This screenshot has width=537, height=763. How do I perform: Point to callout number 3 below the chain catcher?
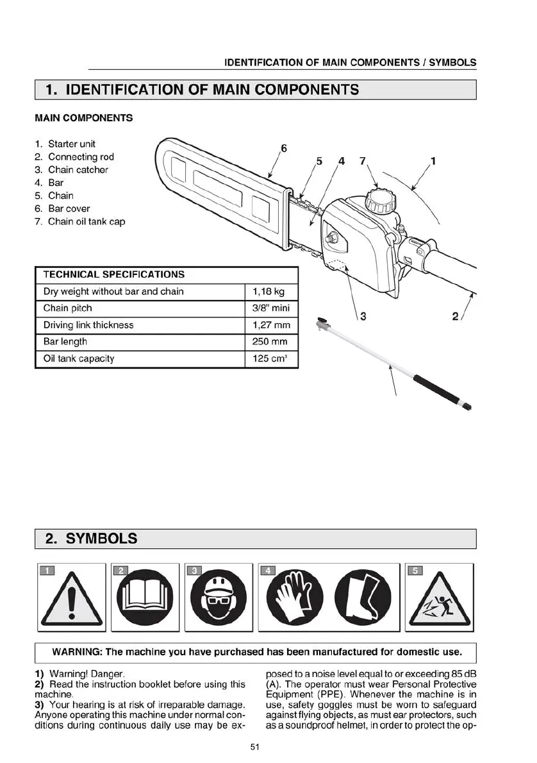(363, 315)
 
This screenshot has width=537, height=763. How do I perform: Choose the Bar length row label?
(65, 342)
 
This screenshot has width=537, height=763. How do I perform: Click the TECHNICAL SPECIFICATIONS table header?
(114, 274)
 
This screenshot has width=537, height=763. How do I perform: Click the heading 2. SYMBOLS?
(91, 538)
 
